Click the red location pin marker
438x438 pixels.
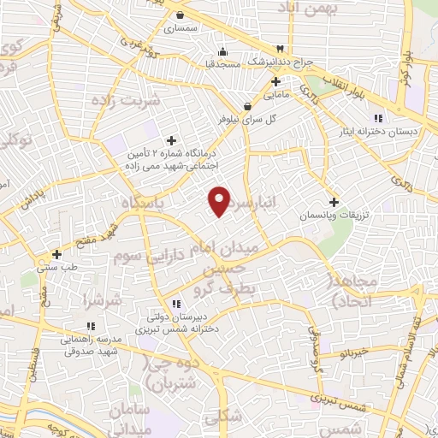[x=220, y=200]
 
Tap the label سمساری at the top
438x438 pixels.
[x=182, y=28]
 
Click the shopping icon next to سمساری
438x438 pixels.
[x=181, y=15]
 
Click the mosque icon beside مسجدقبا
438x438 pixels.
[x=223, y=50]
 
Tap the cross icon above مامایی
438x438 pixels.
[x=275, y=82]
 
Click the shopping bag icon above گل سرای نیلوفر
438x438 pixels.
[x=248, y=107]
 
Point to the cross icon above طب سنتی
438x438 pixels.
[x=56, y=254]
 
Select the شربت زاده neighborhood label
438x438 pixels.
[x=131, y=101]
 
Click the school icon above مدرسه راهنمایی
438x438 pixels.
[x=91, y=326]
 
